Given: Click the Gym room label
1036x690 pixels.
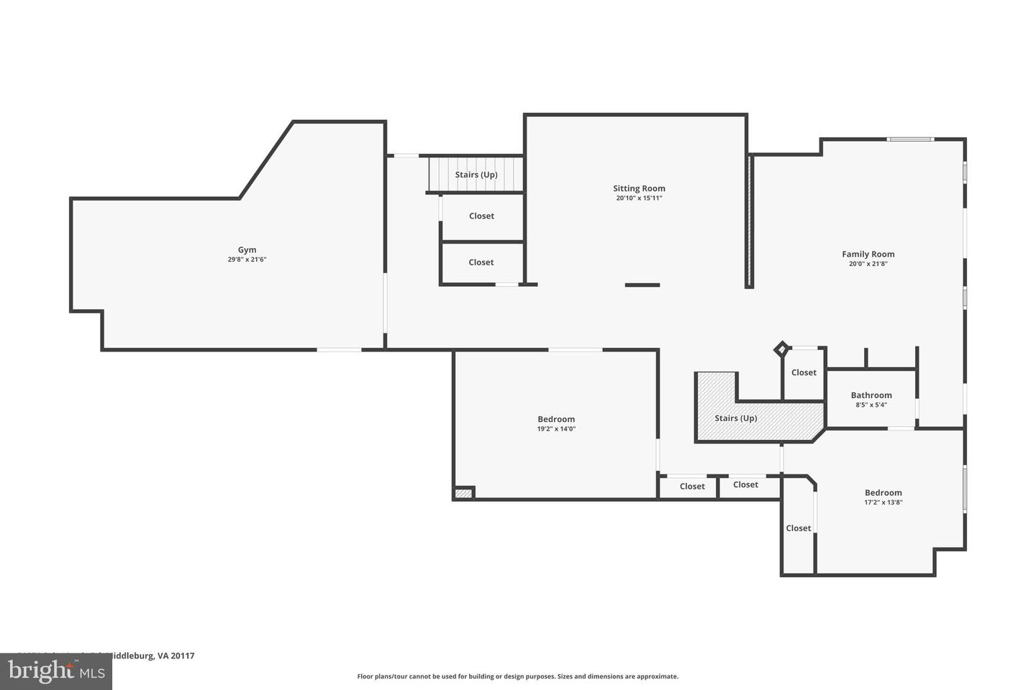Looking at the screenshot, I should pos(247,250).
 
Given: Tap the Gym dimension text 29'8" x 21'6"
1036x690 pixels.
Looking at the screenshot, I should pos(247,259).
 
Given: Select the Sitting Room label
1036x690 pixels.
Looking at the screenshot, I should pos(639,188).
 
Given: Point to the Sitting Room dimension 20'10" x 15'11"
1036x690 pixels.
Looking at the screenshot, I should pos(639,198).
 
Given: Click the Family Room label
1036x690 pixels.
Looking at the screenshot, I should pos(868,254).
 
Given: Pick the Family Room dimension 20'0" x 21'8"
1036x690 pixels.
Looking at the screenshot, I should pos(868,264).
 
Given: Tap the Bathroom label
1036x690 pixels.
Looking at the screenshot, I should pos(871,395).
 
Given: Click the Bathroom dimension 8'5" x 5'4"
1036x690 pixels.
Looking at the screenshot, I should pos(871,405).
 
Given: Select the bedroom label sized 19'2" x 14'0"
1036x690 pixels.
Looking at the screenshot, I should pos(556,419).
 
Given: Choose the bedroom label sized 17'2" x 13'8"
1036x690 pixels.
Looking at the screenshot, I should pos(883,492).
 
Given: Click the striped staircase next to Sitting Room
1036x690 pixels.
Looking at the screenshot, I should pos(476,175).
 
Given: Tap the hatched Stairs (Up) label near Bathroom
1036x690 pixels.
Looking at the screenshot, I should pos(735,418).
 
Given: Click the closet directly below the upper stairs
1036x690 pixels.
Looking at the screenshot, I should pos(481,216).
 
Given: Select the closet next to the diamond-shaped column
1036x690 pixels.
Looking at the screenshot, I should pos(804,372).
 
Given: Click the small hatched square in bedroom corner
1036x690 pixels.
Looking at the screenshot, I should pos(464,493).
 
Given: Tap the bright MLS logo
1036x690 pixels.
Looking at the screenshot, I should pos(55,671).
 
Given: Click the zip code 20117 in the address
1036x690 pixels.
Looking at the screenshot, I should pos(183,655).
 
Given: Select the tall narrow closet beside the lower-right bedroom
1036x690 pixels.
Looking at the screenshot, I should pos(798,528).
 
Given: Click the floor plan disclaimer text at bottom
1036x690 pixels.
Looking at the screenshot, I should pos(517,676).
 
